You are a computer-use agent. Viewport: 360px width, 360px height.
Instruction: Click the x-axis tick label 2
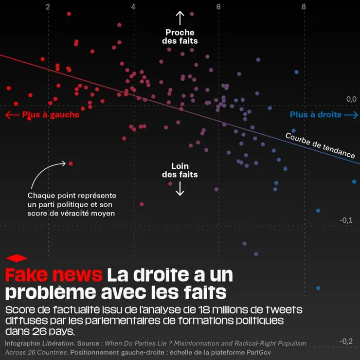[x=47, y=7]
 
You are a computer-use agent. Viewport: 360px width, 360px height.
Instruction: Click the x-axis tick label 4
[x=133, y=7]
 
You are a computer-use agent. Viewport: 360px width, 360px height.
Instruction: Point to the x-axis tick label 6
[x=218, y=7]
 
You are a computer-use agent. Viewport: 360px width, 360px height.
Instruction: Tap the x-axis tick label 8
[x=304, y=7]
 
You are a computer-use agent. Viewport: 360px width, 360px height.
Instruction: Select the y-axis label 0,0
[x=351, y=99]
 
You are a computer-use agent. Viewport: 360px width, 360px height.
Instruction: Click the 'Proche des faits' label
[x=180, y=37]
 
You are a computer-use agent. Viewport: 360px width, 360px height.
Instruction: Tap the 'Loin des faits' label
[x=180, y=170]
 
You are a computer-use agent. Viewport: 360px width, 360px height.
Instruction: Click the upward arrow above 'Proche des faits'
[x=180, y=18]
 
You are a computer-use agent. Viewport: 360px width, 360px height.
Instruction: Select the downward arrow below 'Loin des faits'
[x=180, y=189]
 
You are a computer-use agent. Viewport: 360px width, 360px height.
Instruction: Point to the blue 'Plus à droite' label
[x=316, y=115]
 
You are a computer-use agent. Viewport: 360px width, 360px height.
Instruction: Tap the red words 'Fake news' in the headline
[x=54, y=275]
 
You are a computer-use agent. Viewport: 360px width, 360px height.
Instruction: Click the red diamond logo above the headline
[x=17, y=258]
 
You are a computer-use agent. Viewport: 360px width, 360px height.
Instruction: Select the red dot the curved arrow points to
[x=71, y=163]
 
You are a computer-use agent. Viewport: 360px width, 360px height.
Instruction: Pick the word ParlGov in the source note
[x=257, y=352]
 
